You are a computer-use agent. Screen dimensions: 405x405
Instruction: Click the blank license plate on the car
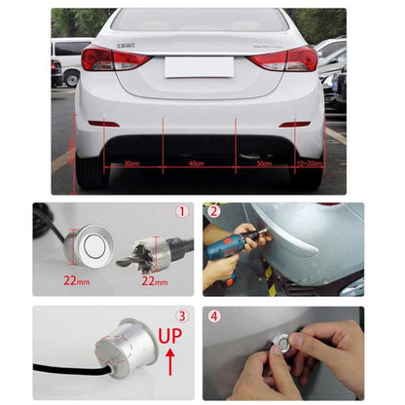pyautogui.click(x=199, y=66)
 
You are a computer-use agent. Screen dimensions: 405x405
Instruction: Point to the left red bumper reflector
pyautogui.click(x=104, y=124)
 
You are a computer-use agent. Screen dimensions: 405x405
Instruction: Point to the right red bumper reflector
pyautogui.click(x=293, y=124)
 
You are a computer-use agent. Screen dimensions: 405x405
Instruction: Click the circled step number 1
pyautogui.click(x=181, y=211)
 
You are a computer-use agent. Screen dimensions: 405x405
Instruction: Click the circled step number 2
pyautogui.click(x=212, y=211)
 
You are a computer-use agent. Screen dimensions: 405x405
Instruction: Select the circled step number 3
pyautogui.click(x=181, y=315)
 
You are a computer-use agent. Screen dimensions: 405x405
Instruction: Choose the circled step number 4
pyautogui.click(x=212, y=315)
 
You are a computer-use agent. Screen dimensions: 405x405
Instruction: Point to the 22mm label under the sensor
pyautogui.click(x=76, y=280)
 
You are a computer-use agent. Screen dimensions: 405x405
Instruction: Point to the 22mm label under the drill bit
pyautogui.click(x=155, y=280)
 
